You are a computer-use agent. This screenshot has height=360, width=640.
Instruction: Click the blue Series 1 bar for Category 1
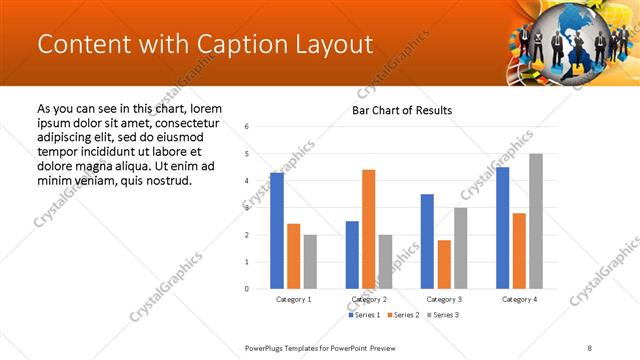(x=277, y=230)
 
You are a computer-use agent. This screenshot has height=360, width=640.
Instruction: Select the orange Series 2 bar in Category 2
(x=368, y=229)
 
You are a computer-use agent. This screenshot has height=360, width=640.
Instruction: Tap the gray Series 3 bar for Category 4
(x=535, y=221)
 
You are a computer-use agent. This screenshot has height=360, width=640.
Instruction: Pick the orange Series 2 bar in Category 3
(x=443, y=264)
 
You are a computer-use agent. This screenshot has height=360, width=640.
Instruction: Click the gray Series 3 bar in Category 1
(x=310, y=262)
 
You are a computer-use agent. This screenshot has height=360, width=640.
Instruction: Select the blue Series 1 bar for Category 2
(x=352, y=255)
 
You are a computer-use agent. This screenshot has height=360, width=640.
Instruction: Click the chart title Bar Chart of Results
(x=402, y=110)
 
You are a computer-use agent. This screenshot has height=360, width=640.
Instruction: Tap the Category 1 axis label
(x=293, y=299)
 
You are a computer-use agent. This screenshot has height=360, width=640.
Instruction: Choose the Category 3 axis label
(x=443, y=299)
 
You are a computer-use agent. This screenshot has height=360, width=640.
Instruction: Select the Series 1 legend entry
(x=364, y=315)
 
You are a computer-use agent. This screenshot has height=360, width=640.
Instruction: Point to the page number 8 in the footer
(x=590, y=346)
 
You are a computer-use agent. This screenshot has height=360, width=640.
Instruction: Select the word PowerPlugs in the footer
(x=265, y=346)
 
